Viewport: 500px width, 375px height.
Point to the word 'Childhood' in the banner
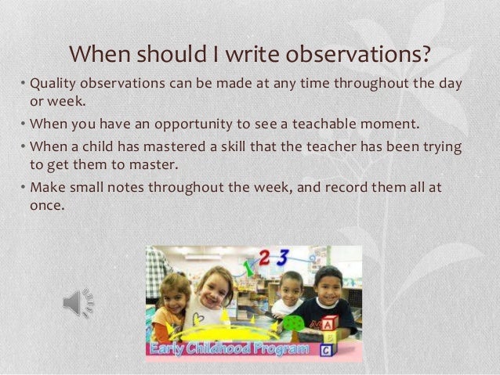click(227, 348)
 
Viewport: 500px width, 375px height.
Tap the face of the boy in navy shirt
click(328, 283)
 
